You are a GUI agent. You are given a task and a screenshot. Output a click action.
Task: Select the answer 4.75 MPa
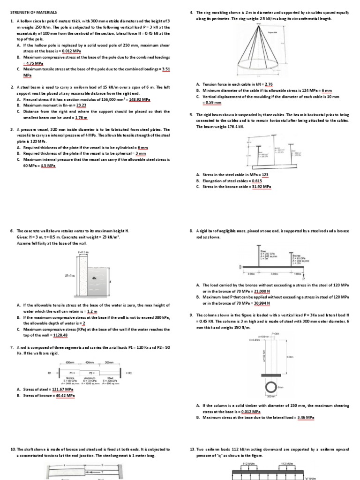(34, 63)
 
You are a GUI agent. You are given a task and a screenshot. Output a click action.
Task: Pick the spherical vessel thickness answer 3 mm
(139, 153)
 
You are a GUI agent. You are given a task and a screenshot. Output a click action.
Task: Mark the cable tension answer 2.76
(269, 84)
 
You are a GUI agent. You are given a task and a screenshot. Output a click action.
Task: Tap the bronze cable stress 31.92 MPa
(262, 187)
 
